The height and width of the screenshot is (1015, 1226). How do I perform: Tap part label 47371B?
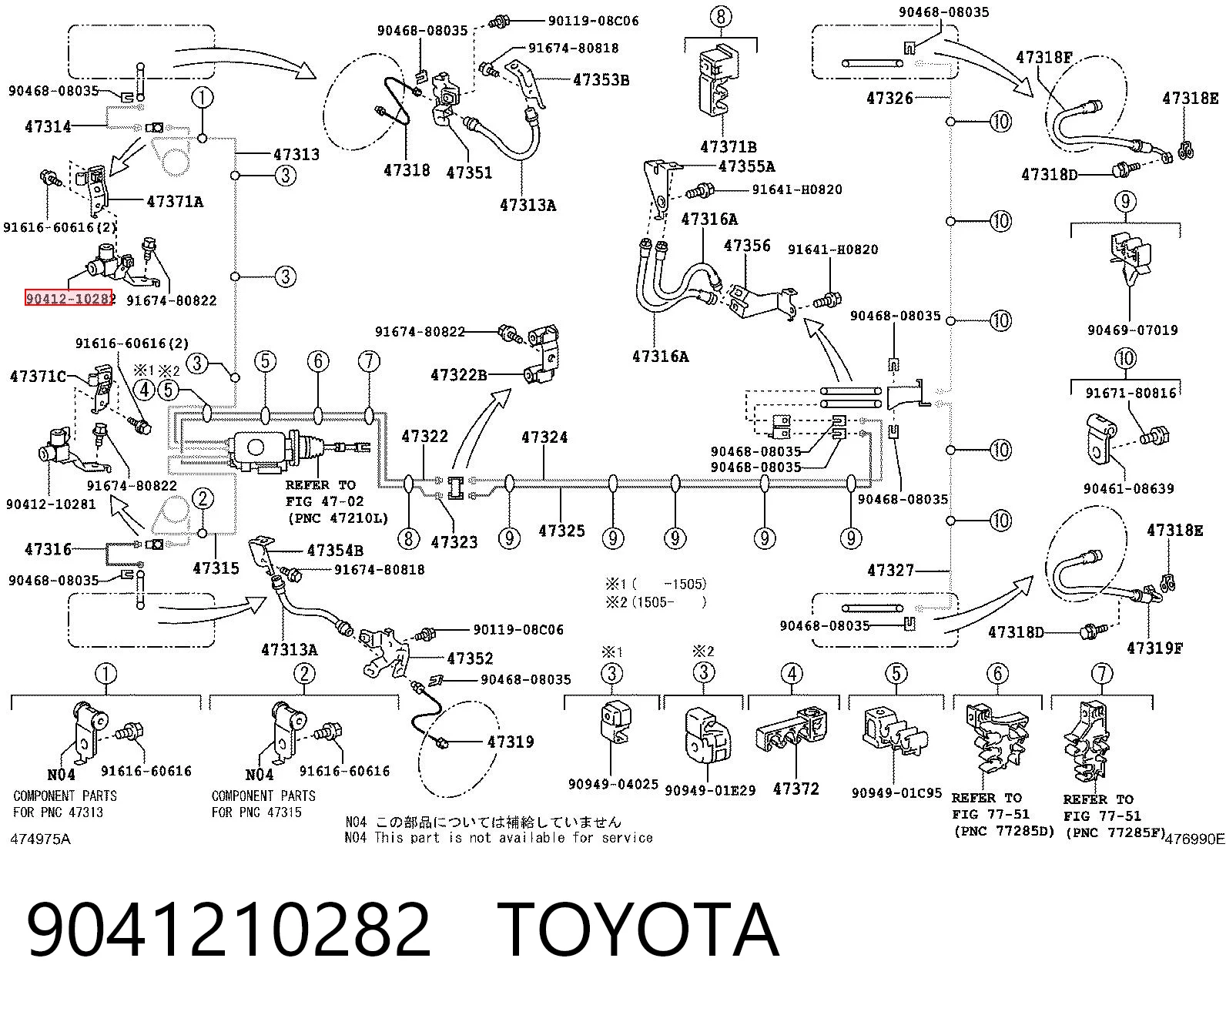(728, 146)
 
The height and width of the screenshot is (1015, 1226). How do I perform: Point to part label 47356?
(747, 246)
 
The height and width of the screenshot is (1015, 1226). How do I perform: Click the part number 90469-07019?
(1132, 330)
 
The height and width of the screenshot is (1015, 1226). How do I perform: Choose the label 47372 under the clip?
(796, 789)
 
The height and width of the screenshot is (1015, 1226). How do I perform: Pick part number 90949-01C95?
(896, 793)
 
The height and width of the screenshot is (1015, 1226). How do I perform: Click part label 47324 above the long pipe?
(544, 437)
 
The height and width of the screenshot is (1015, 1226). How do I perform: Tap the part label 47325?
(562, 531)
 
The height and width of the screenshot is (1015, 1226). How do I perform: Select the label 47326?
(889, 98)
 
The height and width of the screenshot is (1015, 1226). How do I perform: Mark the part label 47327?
(891, 571)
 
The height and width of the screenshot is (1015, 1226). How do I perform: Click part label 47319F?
(1154, 648)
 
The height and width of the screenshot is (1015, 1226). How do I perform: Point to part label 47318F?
(1044, 58)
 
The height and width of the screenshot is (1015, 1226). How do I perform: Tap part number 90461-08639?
(1128, 489)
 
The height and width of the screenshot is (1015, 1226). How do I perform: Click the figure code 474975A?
(41, 839)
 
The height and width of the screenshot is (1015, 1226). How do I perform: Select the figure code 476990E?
(1195, 839)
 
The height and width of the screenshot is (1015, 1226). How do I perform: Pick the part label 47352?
(470, 658)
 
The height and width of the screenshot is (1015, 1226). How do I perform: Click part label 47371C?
(39, 376)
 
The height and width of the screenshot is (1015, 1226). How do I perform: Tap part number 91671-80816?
(1131, 393)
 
